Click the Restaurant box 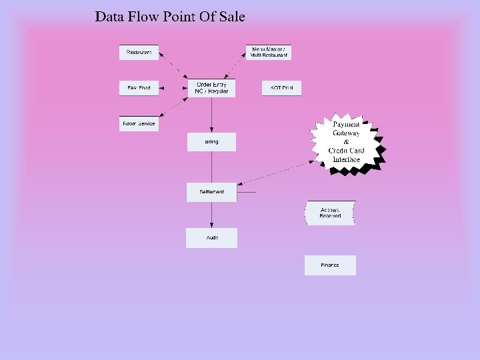139,52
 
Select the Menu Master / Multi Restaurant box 269,52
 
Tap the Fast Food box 139,88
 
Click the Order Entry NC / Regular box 211,88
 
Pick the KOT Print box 281,88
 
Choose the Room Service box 139,123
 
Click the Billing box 211,142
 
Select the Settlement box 211,192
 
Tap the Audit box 211,238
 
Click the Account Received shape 330,213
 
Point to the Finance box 330,265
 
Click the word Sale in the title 233,17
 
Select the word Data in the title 107,17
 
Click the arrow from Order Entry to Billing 211,115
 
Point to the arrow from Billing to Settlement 211,167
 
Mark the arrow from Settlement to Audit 211,215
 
